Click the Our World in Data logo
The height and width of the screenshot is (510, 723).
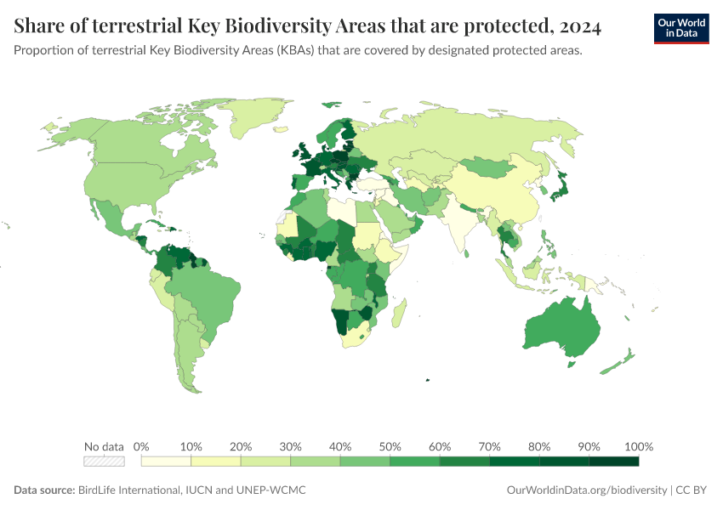680,27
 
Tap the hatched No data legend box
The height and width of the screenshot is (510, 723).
104,462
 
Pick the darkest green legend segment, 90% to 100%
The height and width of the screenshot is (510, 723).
613,462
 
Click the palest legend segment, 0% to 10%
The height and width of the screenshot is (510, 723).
166,462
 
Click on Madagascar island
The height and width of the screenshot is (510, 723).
399,309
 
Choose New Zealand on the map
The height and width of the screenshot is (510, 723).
619,360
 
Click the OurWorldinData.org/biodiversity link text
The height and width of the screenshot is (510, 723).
586,490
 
